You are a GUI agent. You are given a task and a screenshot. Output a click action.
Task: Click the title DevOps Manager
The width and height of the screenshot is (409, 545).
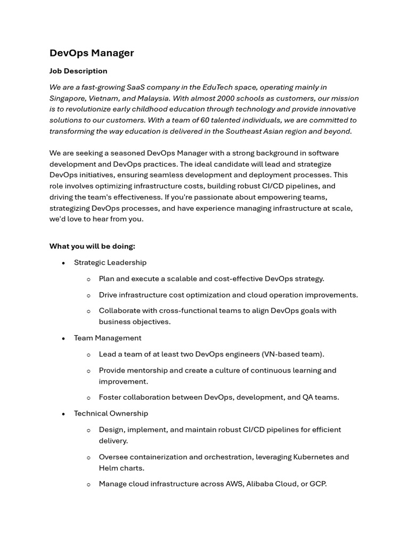(x=92, y=53)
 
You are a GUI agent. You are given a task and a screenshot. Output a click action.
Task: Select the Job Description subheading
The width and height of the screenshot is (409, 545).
(x=78, y=71)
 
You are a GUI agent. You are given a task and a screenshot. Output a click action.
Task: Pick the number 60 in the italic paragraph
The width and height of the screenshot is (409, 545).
(x=204, y=120)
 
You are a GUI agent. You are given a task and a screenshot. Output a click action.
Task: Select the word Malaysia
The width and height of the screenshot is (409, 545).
(x=152, y=98)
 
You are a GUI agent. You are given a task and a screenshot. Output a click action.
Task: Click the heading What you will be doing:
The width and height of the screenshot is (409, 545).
(x=92, y=246)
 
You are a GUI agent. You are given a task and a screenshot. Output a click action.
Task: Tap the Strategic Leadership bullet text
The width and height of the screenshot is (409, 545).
(x=110, y=262)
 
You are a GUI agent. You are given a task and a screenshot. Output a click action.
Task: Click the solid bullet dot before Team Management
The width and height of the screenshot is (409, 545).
(x=63, y=338)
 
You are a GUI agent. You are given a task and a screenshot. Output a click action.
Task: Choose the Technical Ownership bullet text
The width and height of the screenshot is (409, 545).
(x=111, y=414)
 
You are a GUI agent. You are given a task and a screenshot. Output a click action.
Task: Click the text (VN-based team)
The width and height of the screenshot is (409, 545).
(x=293, y=354)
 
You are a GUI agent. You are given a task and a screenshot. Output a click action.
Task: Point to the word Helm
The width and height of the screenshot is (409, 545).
(x=109, y=468)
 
